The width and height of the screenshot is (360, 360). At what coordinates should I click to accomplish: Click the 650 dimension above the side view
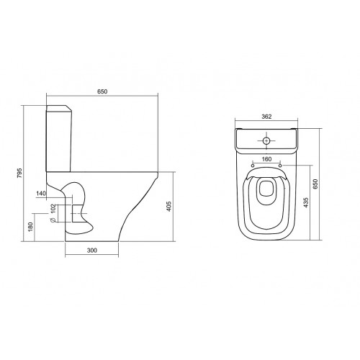point(102,91)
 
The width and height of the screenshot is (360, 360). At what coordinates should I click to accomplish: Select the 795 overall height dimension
point(19,173)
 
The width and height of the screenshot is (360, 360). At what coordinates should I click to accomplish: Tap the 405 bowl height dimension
point(169,207)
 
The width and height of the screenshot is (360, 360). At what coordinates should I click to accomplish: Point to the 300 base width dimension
point(92,251)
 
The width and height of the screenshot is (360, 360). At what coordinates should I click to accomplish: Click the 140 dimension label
point(41,193)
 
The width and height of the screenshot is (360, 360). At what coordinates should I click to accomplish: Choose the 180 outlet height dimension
point(30,227)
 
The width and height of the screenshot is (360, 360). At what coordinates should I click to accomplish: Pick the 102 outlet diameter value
point(53,209)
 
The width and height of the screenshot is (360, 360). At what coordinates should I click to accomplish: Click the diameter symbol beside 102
point(53,220)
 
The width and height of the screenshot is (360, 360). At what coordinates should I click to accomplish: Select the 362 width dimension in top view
point(266,117)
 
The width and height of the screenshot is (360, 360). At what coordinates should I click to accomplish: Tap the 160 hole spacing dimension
point(266,159)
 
